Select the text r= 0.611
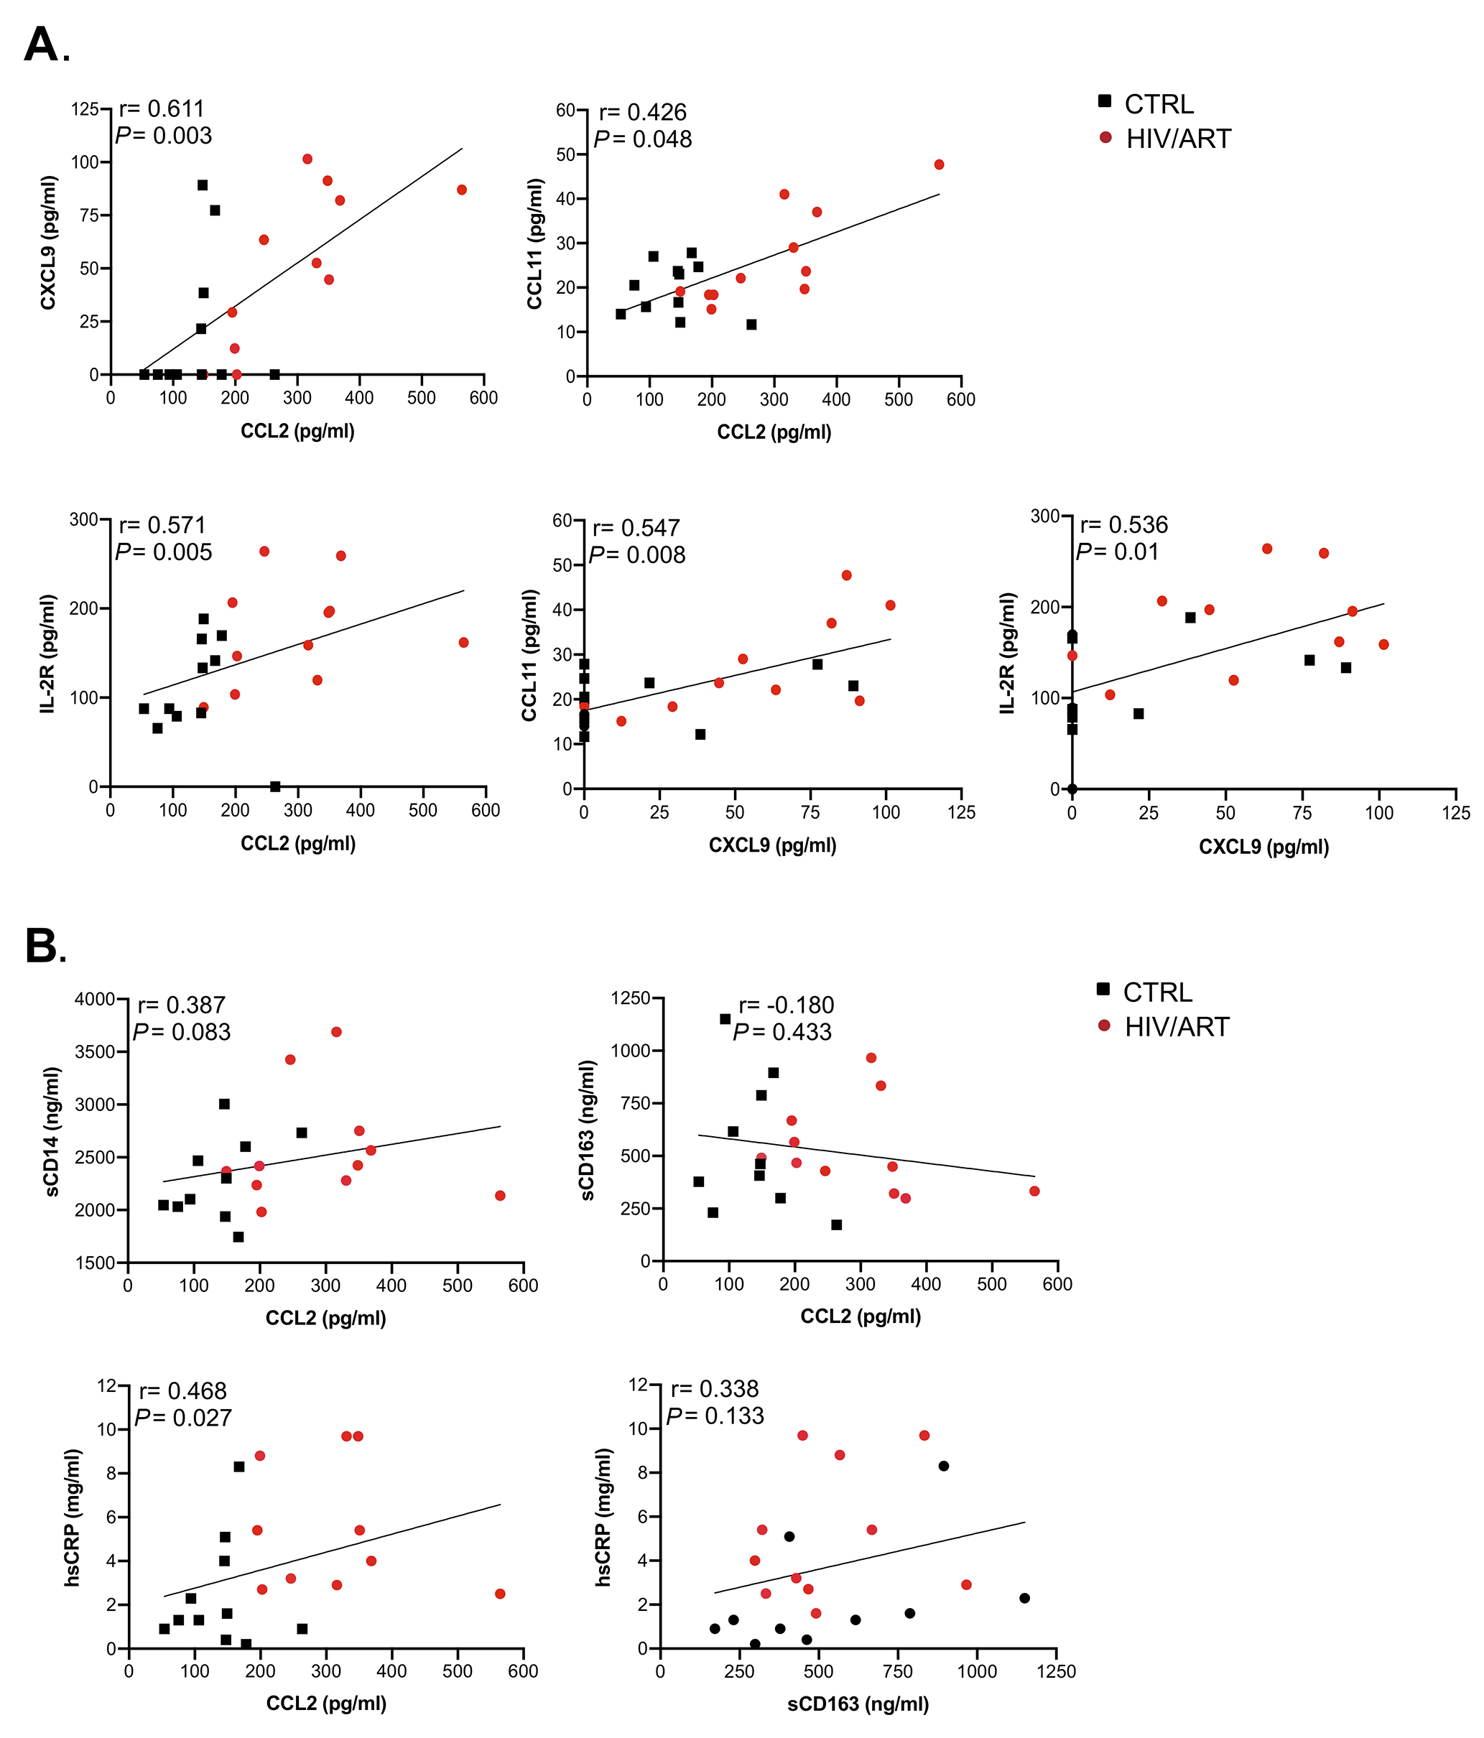[161, 108]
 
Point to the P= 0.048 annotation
[643, 139]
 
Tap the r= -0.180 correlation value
[786, 1005]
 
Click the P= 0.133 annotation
[715, 1416]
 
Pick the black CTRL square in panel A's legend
[1105, 101]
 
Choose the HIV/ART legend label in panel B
[1176, 1027]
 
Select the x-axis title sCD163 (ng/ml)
[858, 1704]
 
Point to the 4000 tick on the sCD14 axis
[95, 999]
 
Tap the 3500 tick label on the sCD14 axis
[95, 1052]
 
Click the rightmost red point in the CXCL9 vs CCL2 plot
[461, 190]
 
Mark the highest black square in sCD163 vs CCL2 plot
[725, 1019]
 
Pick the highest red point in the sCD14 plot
[336, 1032]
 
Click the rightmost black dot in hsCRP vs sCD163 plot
[1024, 1598]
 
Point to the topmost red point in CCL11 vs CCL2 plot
[939, 164]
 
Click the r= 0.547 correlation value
[635, 528]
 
